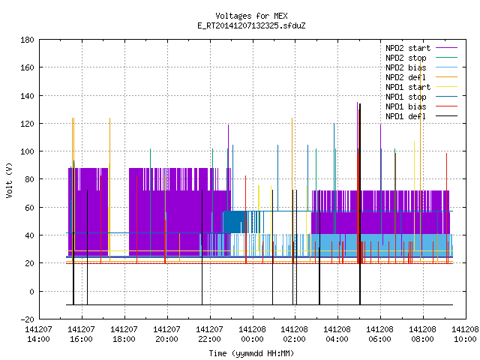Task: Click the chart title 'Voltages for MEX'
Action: pos(251,16)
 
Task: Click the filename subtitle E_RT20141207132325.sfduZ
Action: pos(251,25)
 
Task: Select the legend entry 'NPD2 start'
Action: pos(408,48)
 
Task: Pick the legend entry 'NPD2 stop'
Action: pos(406,58)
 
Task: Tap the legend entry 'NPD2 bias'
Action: pos(406,67)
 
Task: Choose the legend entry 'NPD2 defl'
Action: pos(406,77)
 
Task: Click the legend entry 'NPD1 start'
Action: pos(408,87)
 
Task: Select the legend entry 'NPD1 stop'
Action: pos(406,97)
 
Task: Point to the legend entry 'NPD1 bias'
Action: pos(406,106)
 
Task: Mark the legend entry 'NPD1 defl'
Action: pos(406,117)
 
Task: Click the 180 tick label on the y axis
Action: pos(27,40)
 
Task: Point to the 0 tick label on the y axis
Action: pos(31,292)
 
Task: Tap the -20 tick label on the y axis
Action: pos(27,319)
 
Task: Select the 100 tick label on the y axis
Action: pos(27,151)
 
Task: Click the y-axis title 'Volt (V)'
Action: pos(9,180)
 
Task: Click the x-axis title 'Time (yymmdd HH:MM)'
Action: pos(251,353)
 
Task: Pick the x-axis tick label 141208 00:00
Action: pos(252,334)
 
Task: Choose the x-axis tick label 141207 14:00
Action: pos(38,334)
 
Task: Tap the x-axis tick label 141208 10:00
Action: pos(465,334)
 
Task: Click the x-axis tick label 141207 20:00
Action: pos(166,334)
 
